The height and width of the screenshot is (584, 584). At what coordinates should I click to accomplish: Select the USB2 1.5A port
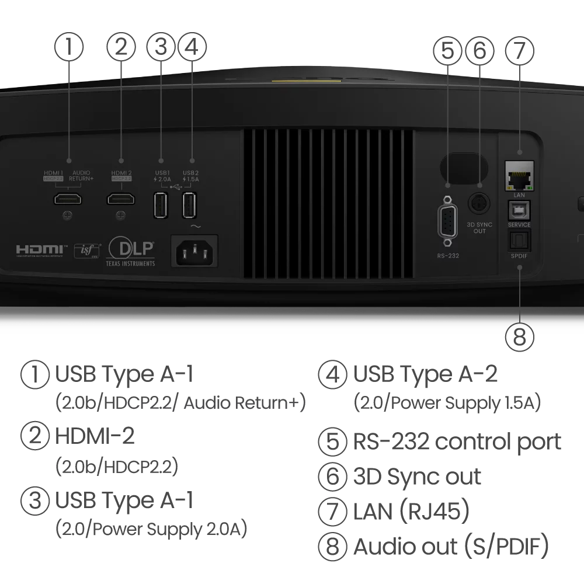click(189, 205)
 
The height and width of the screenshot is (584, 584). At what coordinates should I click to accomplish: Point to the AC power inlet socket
click(194, 251)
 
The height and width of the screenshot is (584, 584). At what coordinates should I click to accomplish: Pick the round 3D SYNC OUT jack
click(479, 204)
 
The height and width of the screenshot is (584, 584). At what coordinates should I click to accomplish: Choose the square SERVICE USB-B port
click(519, 210)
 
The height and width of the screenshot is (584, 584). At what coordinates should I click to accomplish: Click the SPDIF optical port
click(519, 240)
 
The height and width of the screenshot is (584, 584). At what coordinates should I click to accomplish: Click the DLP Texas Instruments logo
click(130, 252)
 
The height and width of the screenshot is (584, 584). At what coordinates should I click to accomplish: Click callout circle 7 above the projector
click(519, 50)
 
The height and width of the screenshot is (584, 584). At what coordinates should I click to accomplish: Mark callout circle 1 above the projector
click(69, 47)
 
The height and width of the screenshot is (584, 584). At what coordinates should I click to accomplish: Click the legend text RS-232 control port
click(457, 442)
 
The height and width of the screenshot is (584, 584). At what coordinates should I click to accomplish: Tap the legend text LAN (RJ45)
click(412, 512)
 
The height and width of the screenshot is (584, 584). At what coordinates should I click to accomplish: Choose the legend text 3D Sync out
click(417, 477)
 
